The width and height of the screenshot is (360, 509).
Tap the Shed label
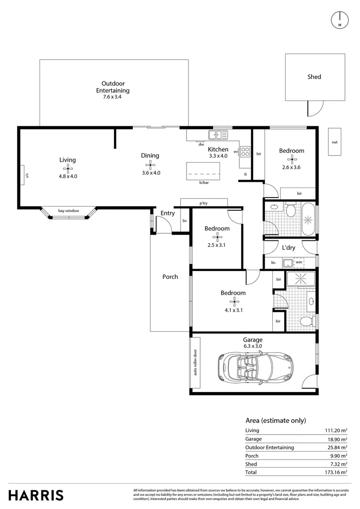(x=314, y=77)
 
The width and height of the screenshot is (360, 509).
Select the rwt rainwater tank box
(x=335, y=142)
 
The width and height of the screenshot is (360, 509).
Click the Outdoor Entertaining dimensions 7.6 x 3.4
(x=113, y=97)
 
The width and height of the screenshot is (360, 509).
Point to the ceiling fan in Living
(x=67, y=168)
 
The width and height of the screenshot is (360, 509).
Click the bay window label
(x=68, y=211)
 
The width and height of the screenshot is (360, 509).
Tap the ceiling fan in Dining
(x=150, y=164)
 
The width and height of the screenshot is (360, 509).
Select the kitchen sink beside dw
(x=217, y=135)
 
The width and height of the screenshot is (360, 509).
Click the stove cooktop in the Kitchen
(x=245, y=152)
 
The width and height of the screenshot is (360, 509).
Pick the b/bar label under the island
(x=204, y=182)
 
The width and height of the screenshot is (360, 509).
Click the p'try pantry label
(x=204, y=203)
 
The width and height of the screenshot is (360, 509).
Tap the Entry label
(x=167, y=213)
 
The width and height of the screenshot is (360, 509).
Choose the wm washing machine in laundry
(x=299, y=263)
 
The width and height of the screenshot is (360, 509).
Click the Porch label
(x=170, y=277)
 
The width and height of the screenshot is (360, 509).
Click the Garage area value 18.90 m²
(x=337, y=439)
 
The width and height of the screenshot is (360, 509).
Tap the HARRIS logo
(x=36, y=495)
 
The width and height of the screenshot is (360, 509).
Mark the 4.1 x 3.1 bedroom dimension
(x=233, y=310)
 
